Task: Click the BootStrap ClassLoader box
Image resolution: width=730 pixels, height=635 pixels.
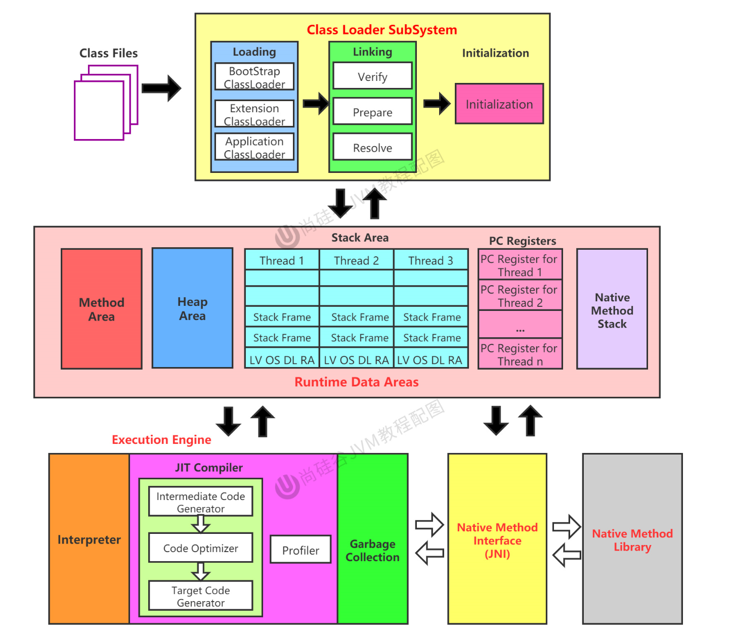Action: pyautogui.click(x=254, y=77)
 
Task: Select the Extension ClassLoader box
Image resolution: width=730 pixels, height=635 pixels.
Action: pyautogui.click(x=254, y=114)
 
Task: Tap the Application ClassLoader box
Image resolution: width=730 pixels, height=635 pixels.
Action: pyautogui.click(x=254, y=147)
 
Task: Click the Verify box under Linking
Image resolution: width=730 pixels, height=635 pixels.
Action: pyautogui.click(x=372, y=76)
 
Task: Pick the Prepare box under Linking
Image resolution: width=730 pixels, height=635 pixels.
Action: pyautogui.click(x=372, y=111)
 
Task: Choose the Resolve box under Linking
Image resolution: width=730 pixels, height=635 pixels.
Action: pyautogui.click(x=372, y=147)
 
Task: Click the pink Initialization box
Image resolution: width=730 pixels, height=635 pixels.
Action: pyautogui.click(x=499, y=104)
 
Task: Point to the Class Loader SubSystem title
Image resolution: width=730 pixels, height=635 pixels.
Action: pyautogui.click(x=381, y=30)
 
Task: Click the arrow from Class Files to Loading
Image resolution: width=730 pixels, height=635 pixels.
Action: pyautogui.click(x=161, y=88)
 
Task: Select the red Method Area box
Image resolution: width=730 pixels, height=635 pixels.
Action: pyautogui.click(x=102, y=309)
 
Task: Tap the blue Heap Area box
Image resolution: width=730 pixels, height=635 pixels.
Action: pyautogui.click(x=192, y=308)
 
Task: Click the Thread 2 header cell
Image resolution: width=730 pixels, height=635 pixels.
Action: pyautogui.click(x=356, y=260)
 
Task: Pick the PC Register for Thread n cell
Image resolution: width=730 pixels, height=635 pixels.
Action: pyautogui.click(x=520, y=354)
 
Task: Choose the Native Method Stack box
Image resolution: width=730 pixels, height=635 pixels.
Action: pyautogui.click(x=612, y=309)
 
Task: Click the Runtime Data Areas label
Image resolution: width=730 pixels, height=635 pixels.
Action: pyautogui.click(x=356, y=382)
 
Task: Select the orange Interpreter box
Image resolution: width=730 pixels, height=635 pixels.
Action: pyautogui.click(x=89, y=539)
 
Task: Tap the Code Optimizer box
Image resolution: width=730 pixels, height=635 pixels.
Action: pyautogui.click(x=200, y=548)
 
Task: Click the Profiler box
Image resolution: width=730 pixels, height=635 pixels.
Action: pyautogui.click(x=300, y=550)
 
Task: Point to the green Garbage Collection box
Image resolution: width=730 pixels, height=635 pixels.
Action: pyautogui.click(x=372, y=550)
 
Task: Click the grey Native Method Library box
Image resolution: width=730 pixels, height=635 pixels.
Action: pyautogui.click(x=632, y=539)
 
